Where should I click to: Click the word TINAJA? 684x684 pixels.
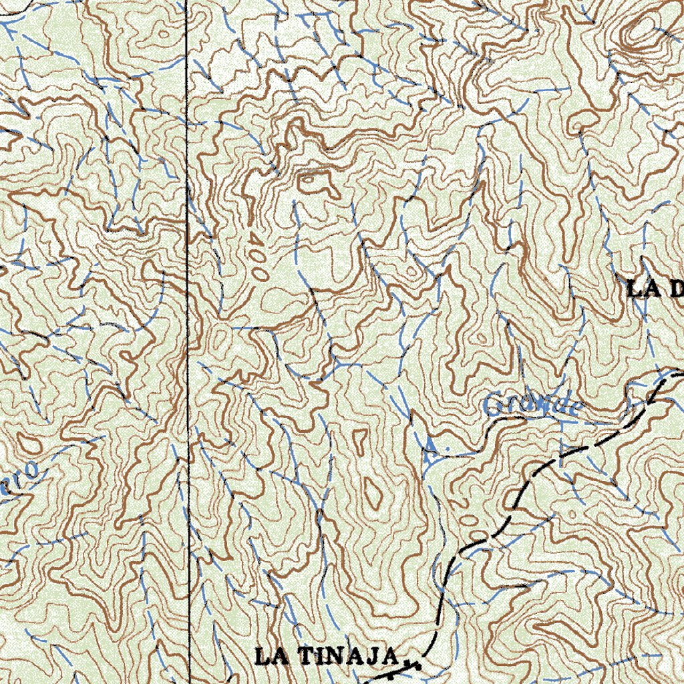click(347, 657)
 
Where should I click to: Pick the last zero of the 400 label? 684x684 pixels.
click(262, 273)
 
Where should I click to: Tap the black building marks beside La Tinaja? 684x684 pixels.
click(411, 663)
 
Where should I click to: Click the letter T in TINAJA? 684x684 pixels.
click(301, 657)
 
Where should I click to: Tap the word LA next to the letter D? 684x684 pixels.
click(643, 289)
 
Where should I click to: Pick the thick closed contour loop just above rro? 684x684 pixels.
click(28, 444)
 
